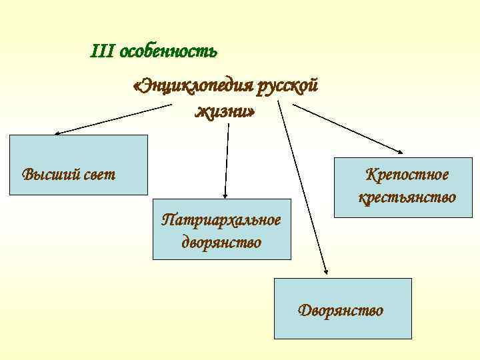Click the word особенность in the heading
[x=168, y=51]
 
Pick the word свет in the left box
[x=100, y=175]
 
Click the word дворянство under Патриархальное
[x=221, y=241]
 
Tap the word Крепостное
[x=407, y=175]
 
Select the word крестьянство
[x=407, y=197]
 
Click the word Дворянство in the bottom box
[x=341, y=310]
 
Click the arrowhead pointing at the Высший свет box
[x=57, y=133]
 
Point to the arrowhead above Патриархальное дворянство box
[x=225, y=195]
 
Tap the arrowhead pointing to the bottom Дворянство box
[x=327, y=271]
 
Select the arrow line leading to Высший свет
[x=113, y=119]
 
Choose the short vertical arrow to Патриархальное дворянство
[x=227, y=160]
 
